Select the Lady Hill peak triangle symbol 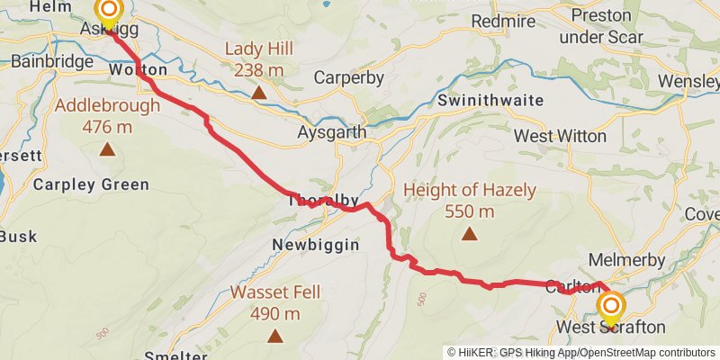(258, 92)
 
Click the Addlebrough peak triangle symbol (107, 149)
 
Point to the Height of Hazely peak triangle (469, 234)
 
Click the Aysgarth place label (331, 132)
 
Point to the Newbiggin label (316, 244)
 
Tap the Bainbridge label (52, 62)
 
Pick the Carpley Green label (90, 184)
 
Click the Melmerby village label (626, 260)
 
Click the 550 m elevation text (469, 211)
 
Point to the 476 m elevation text (107, 127)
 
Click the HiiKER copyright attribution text (580, 352)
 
